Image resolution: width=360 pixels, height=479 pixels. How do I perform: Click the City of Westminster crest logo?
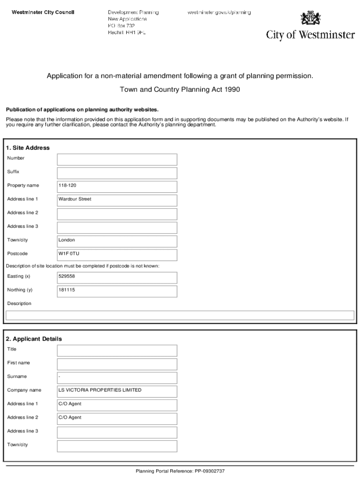coord(310,19)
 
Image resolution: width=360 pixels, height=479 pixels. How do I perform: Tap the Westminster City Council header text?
coord(43,12)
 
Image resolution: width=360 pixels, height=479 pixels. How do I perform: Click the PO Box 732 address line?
coord(121,26)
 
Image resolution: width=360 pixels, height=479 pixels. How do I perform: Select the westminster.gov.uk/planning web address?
coord(219,12)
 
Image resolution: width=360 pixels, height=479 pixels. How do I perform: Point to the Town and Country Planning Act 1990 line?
coord(180,90)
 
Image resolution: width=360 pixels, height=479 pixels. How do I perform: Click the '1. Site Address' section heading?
coord(28,148)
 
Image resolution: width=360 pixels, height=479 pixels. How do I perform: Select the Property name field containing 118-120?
coord(117,187)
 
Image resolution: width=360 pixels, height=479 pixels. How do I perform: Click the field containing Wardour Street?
coord(117,200)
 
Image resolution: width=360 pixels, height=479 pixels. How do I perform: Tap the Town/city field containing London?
coord(117,241)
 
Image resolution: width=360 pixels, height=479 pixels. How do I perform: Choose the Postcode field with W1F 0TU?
coord(117,255)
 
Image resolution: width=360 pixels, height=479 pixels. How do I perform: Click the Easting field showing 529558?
coord(117,277)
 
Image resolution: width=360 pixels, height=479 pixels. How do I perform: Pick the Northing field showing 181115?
coord(117,291)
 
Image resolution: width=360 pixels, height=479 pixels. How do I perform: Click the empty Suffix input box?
coord(117,173)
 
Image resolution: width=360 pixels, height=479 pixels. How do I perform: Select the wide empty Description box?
coord(180,315)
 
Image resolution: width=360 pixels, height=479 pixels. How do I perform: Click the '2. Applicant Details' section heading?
coord(34,339)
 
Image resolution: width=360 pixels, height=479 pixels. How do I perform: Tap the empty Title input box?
coord(117,350)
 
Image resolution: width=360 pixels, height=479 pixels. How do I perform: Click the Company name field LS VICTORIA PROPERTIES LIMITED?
coord(117,391)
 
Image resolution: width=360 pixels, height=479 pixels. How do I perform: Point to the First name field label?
coord(18,363)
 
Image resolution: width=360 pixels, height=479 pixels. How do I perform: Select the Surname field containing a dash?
coord(117,377)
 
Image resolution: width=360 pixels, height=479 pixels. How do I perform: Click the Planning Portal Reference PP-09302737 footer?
coord(180,471)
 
